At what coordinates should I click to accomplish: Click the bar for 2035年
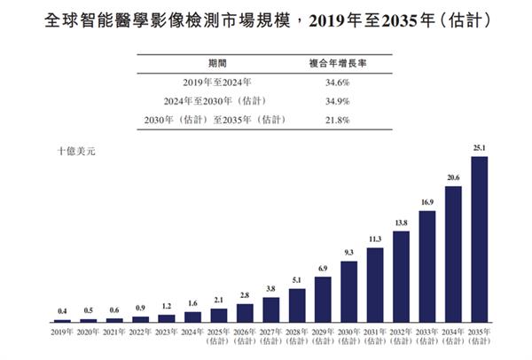pyautogui.click(x=480, y=239)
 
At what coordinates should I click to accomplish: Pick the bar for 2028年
pyautogui.click(x=297, y=304)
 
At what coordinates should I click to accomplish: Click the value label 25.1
pyautogui.click(x=480, y=150)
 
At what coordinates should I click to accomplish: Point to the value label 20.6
pyautogui.click(x=453, y=178)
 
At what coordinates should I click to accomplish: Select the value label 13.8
pyautogui.click(x=401, y=223)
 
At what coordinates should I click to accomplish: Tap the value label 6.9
pyautogui.click(x=323, y=268)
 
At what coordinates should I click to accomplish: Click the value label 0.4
pyautogui.click(x=62, y=311)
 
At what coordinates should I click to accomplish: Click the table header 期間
pyautogui.click(x=216, y=63)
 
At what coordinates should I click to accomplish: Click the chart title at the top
pyautogui.click(x=266, y=21)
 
